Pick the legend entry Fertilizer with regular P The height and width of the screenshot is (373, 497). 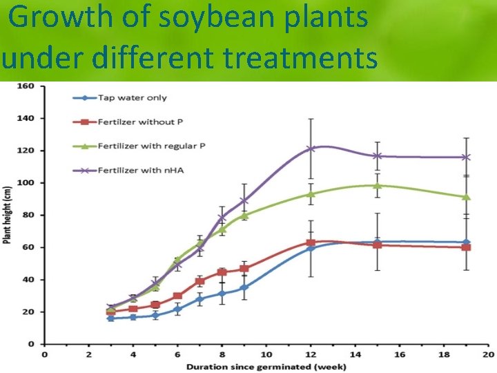(x=152, y=146)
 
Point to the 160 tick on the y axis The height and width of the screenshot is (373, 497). (x=26, y=86)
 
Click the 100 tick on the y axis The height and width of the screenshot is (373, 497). (x=26, y=183)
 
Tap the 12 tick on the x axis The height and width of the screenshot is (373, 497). (x=311, y=354)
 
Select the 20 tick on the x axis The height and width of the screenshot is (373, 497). (x=488, y=354)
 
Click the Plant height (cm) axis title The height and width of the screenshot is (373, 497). (x=8, y=215)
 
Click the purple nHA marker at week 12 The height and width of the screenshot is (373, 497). (x=311, y=149)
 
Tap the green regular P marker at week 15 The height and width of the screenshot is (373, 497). (x=377, y=185)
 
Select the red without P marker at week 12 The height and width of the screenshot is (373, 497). (x=311, y=243)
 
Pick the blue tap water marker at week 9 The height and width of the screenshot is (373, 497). (x=244, y=287)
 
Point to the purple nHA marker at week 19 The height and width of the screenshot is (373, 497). (x=466, y=157)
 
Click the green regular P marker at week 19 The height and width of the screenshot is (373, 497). (x=466, y=197)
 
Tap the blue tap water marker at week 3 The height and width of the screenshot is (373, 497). (x=110, y=318)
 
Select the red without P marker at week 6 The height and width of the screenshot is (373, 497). (x=177, y=296)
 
